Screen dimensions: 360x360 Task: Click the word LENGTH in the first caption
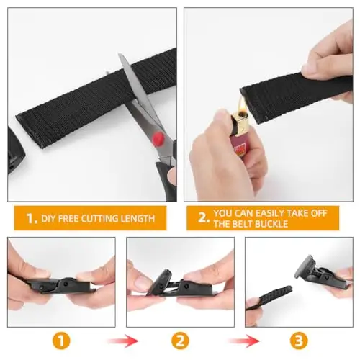(x=139, y=217)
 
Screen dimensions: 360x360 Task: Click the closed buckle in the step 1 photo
(x=61, y=276)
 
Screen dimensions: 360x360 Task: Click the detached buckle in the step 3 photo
(x=315, y=274)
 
